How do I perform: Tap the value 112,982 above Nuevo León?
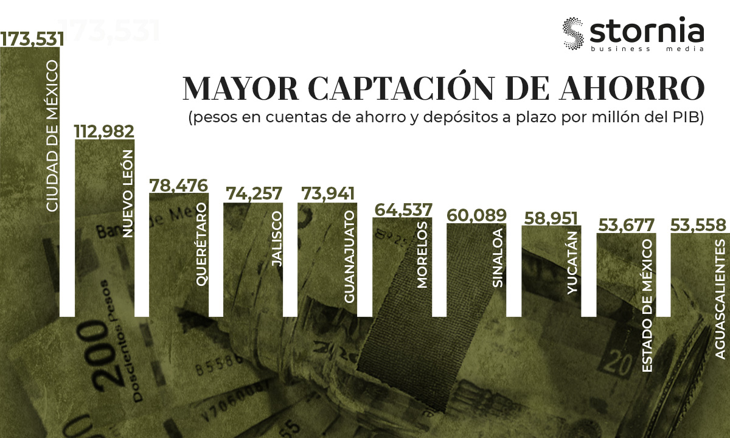104,131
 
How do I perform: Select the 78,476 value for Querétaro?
179,185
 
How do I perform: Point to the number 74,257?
254,194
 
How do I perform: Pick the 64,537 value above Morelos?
403,209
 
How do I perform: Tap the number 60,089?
478,215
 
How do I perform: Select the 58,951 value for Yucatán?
552,218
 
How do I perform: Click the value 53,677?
627,224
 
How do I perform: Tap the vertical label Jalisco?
277,240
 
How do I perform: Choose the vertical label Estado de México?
647,297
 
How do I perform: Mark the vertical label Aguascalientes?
721,299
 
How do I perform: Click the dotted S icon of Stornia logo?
573,35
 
